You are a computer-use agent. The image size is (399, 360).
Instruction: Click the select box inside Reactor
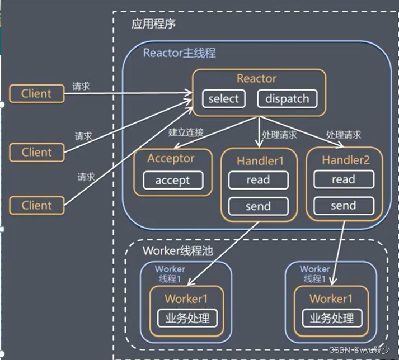(x=223, y=99)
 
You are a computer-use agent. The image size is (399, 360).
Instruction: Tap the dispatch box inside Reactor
(x=287, y=99)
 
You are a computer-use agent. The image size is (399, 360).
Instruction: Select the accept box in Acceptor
(x=172, y=181)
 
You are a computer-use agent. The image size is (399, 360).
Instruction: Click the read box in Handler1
(x=258, y=180)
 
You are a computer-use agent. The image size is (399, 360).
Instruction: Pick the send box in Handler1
(x=258, y=206)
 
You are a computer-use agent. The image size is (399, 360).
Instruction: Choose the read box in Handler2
(x=343, y=179)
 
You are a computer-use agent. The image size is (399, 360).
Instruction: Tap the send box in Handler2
(x=343, y=206)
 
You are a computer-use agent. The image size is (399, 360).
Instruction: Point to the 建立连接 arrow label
(x=186, y=133)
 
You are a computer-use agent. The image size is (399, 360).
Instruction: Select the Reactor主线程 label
(x=179, y=54)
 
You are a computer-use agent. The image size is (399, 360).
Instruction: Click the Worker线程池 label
(x=171, y=250)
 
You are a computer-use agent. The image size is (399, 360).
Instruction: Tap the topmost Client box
(x=36, y=93)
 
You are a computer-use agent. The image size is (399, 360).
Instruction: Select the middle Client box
(x=36, y=151)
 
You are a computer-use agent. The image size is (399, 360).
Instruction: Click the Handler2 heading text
(x=345, y=160)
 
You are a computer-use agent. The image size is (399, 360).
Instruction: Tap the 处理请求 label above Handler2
(x=344, y=135)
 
